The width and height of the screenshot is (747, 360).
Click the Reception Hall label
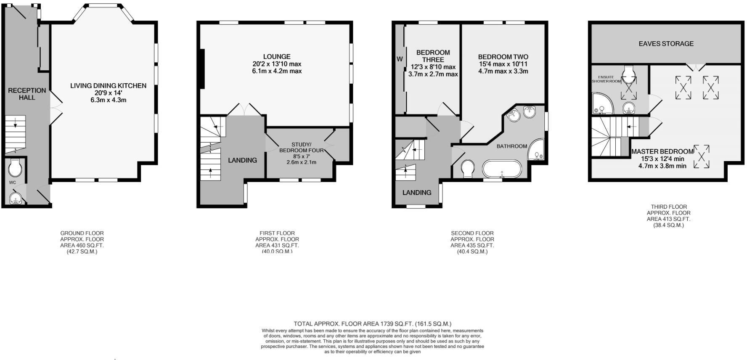(x=27, y=94)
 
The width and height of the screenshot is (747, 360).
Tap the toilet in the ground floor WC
(x=15, y=168)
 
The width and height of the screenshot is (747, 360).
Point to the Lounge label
(x=277, y=57)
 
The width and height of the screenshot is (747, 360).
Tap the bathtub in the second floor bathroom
(x=501, y=169)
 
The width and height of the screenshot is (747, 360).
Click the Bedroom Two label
(x=503, y=57)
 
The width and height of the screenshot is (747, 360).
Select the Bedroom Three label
(x=433, y=56)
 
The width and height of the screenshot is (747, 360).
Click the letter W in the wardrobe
(x=400, y=59)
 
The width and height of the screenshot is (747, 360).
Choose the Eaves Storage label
(x=666, y=44)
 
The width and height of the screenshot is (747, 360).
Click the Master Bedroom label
(x=662, y=151)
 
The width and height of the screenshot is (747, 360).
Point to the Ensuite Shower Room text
(x=606, y=79)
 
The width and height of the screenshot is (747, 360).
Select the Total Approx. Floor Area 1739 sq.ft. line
(x=372, y=324)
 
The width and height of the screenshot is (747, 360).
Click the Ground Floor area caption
(x=82, y=242)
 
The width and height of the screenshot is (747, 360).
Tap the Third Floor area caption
(x=668, y=216)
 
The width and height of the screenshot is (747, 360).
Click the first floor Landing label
(x=242, y=160)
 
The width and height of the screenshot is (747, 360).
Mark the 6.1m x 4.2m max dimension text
(x=277, y=71)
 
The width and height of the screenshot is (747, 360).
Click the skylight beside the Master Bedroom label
(x=701, y=156)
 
